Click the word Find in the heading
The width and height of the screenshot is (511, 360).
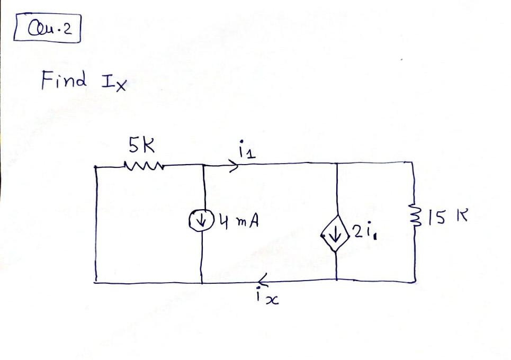(63, 81)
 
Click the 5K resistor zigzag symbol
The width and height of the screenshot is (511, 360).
(143, 165)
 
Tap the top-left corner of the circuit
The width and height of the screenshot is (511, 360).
(96, 166)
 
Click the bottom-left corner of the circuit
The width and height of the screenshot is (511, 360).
(96, 282)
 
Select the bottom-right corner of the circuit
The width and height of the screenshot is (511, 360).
(413, 280)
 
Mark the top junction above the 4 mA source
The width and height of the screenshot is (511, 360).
(203, 165)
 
